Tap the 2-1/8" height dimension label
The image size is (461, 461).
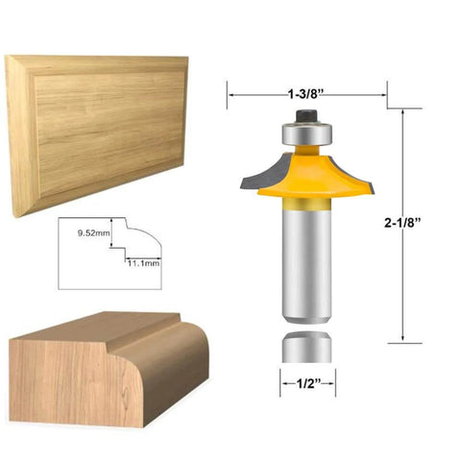(x=403, y=224)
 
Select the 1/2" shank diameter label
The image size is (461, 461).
(x=306, y=385)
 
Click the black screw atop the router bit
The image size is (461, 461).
(x=305, y=114)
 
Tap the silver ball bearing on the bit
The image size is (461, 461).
(x=305, y=129)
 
